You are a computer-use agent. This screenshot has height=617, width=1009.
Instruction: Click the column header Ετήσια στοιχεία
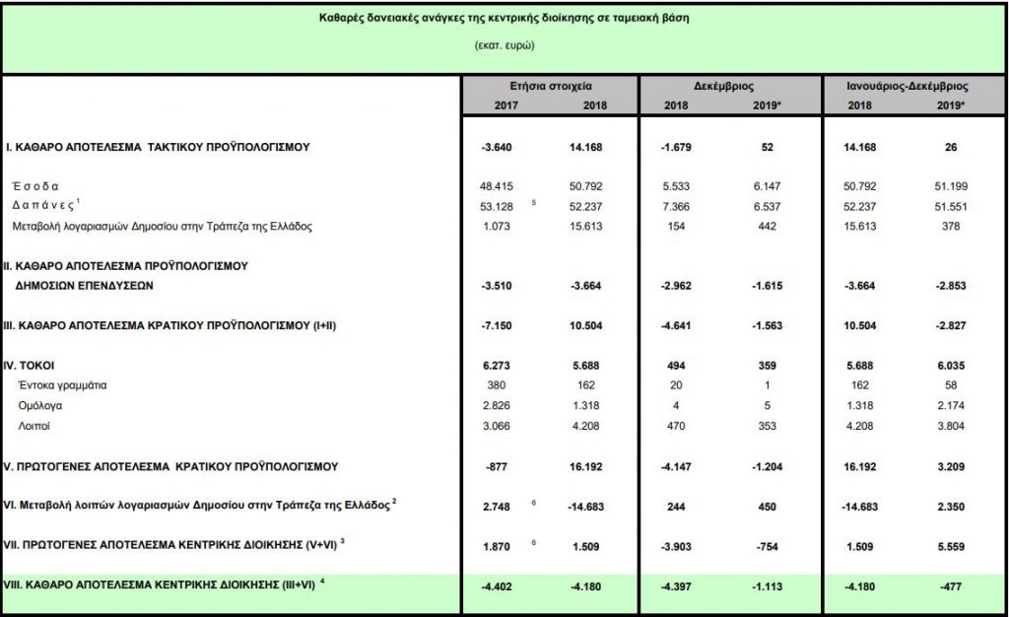pyautogui.click(x=551, y=87)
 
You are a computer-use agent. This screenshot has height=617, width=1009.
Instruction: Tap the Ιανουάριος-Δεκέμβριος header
pyautogui.click(x=908, y=87)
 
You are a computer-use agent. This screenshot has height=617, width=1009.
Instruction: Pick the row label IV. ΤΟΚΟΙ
pyautogui.click(x=34, y=365)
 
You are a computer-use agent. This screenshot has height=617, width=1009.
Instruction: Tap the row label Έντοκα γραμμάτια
pyautogui.click(x=57, y=384)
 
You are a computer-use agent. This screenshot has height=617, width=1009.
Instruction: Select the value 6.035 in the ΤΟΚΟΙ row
pyautogui.click(x=949, y=365)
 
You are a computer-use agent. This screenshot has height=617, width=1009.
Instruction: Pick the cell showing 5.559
pyautogui.click(x=949, y=544)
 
